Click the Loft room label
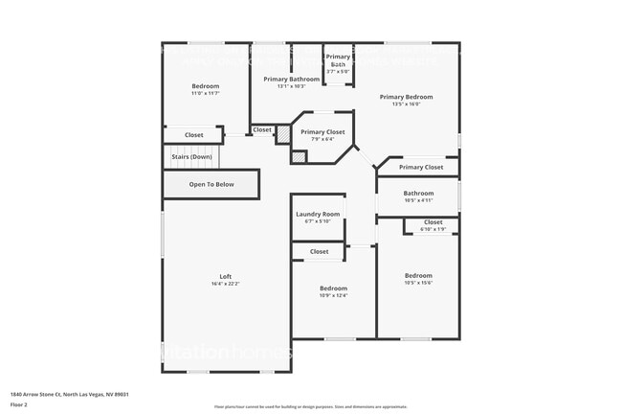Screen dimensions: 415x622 click(x=226, y=276)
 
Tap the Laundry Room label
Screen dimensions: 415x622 click(x=317, y=214)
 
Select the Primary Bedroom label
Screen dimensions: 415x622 click(x=406, y=97)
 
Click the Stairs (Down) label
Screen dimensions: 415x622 click(x=191, y=156)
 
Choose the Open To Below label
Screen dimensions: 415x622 click(x=211, y=184)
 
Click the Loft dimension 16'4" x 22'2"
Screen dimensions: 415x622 click(x=226, y=284)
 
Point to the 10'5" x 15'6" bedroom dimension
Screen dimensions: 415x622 click(x=419, y=283)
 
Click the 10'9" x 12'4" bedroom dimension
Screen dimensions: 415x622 click(x=333, y=295)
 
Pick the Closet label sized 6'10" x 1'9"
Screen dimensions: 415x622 click(x=433, y=222)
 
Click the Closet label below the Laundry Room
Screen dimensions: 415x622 click(x=319, y=252)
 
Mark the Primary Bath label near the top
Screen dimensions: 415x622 click(x=339, y=60)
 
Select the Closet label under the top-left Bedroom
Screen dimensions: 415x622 click(x=194, y=135)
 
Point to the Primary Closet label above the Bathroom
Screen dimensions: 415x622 click(x=421, y=168)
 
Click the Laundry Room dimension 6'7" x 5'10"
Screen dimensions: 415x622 click(x=317, y=221)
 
